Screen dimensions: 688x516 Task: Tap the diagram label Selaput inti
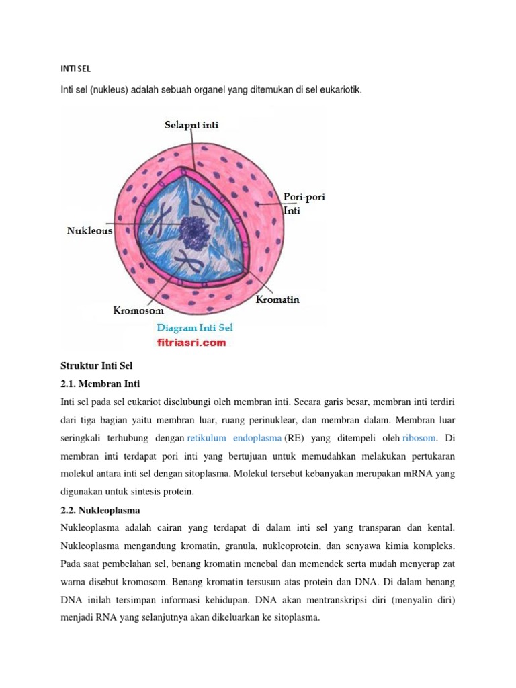tap(191, 124)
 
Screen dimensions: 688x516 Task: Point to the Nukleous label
tap(89, 230)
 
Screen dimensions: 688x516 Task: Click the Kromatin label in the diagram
tap(277, 299)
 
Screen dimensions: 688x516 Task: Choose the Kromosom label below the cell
tap(138, 311)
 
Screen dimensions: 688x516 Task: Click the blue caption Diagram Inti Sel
tap(195, 329)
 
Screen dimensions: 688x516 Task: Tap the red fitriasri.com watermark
tap(191, 342)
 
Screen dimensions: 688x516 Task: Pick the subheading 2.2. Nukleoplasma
tap(100, 510)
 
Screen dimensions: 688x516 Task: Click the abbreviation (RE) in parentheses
tap(294, 439)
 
